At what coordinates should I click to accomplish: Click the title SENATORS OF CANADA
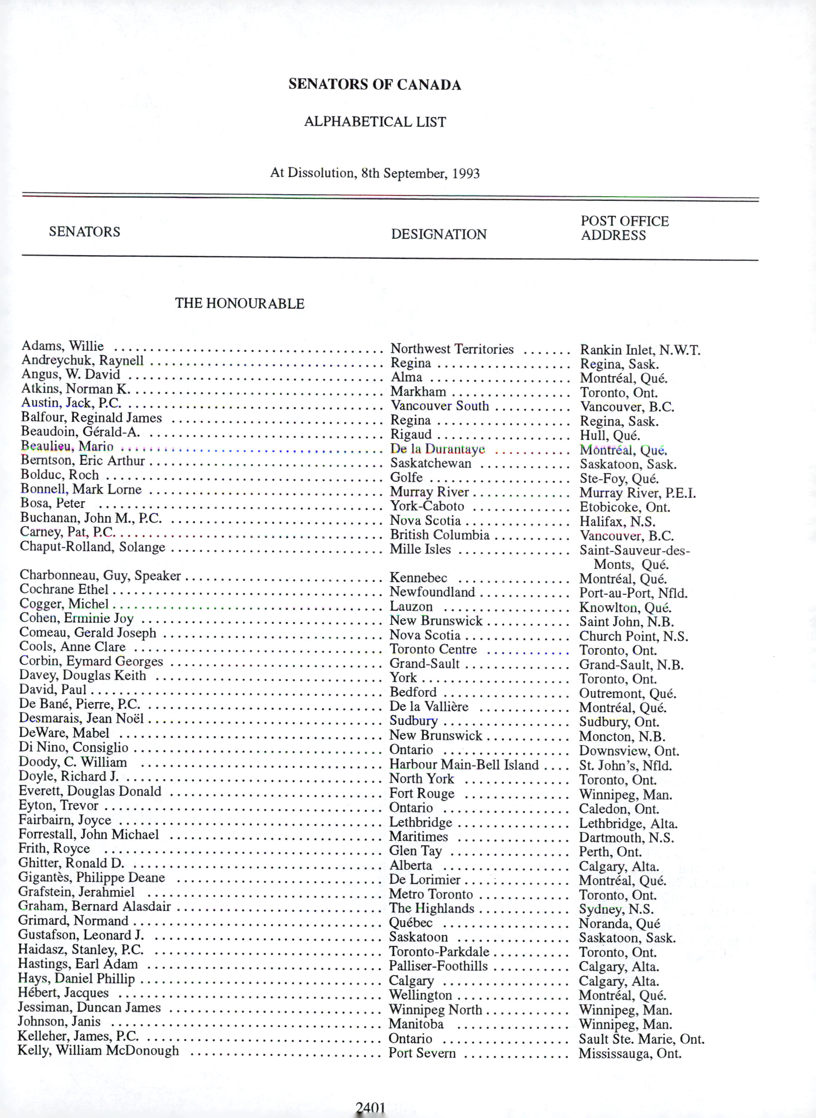pos(374,84)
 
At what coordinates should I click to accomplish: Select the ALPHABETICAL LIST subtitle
pos(375,122)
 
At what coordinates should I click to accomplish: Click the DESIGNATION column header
pos(439,234)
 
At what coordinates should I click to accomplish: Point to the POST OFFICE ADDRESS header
pos(624,228)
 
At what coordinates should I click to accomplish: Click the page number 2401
pos(370,1108)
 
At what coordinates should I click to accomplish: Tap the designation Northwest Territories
pos(452,349)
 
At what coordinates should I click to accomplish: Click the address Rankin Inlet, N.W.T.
pos(640,350)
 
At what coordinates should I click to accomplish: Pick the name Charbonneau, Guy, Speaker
pos(100,576)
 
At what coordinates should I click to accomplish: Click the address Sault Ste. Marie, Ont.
pos(641,1039)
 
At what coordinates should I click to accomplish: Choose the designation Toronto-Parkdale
pos(439,951)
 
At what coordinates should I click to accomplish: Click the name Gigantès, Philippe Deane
pos(91,877)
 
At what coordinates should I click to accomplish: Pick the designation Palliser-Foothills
pos(438,966)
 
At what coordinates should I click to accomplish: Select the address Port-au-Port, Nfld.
pos(633,593)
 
